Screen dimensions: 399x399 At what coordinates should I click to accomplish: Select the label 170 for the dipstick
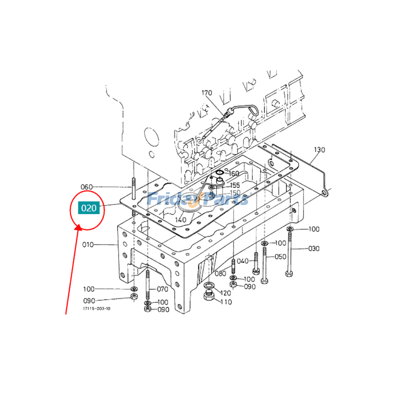[207, 93]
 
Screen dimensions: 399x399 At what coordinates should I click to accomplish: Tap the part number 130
[319, 150]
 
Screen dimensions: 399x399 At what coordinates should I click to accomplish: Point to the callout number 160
[234, 174]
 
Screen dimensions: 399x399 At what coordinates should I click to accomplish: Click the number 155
[234, 185]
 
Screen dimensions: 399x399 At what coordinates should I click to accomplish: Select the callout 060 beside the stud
[87, 187]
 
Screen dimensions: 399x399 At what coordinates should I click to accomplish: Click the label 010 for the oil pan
[88, 245]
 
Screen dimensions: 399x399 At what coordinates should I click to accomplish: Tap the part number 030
[314, 248]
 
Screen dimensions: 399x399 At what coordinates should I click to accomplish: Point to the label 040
[242, 261]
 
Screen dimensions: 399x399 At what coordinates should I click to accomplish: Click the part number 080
[220, 273]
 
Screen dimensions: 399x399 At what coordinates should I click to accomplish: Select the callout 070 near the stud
[163, 289]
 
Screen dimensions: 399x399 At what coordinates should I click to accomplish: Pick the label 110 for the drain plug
[226, 302]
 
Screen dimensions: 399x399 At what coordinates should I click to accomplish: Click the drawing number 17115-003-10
[97, 309]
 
